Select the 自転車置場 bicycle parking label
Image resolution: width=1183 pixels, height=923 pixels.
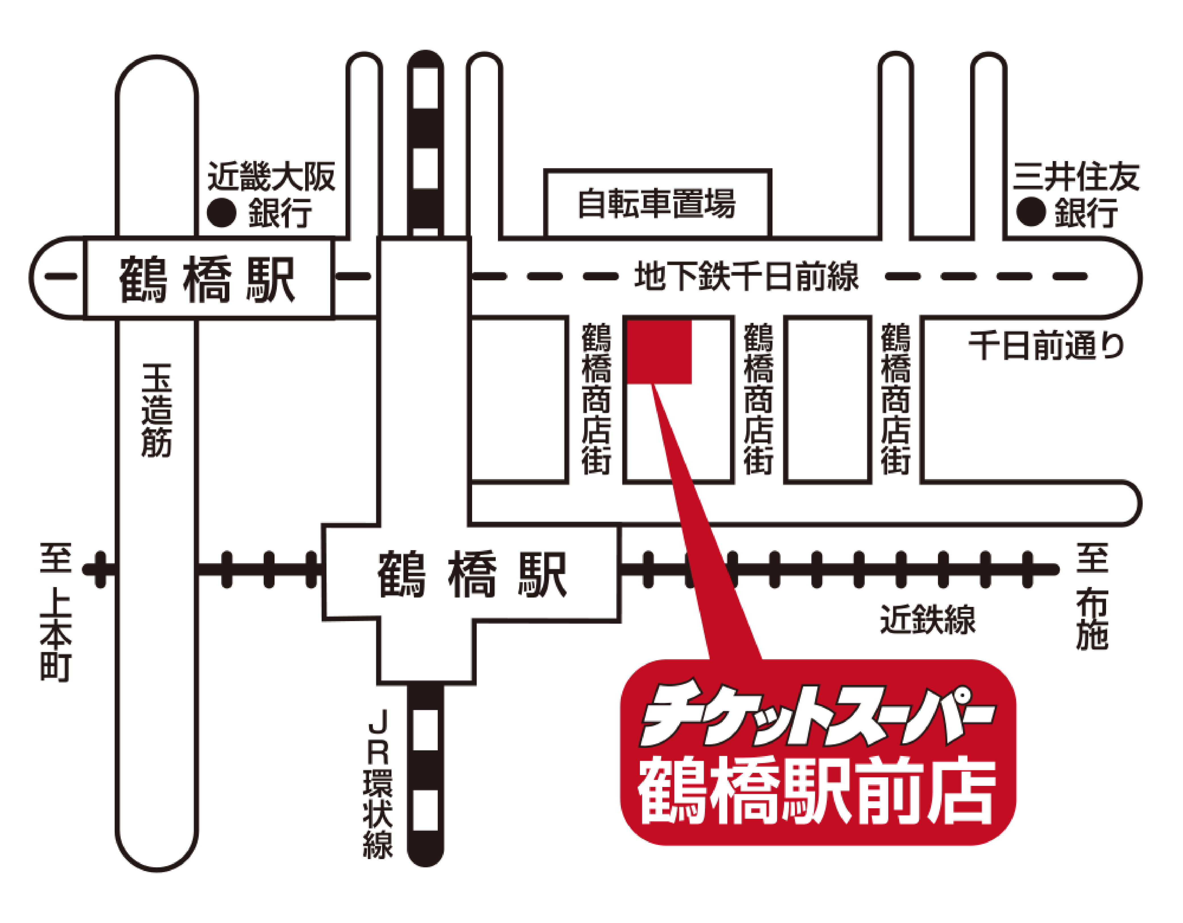(656, 204)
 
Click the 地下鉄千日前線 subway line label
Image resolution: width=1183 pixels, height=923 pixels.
(746, 276)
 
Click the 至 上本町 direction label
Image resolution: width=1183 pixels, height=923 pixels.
(56, 612)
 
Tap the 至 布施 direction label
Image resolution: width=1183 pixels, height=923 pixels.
(1092, 596)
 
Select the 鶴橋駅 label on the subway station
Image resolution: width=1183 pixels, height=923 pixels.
(208, 279)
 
